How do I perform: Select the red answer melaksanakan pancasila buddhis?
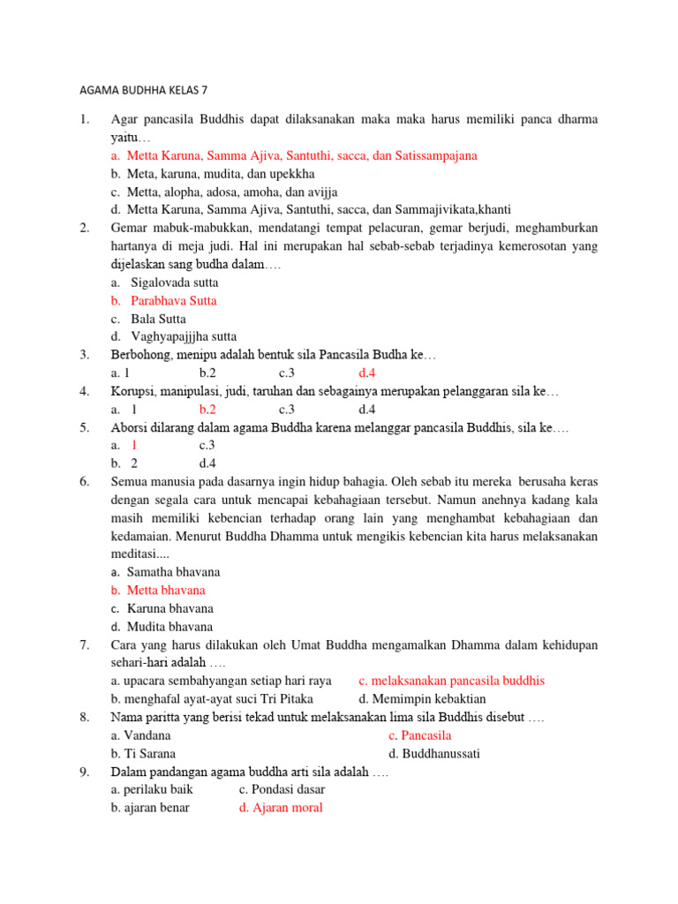coord(458,681)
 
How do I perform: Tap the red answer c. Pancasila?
coord(419,734)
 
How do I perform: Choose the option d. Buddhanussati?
coord(433,753)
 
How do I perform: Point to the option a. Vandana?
coord(141,734)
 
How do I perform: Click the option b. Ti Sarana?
coord(143,753)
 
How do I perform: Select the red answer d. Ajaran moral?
coord(281,807)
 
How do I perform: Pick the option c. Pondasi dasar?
coord(282,789)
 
